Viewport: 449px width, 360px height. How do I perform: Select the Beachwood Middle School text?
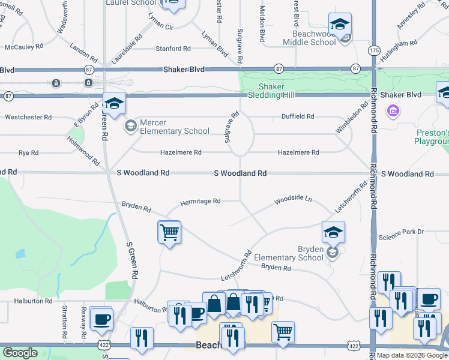(x=314, y=38)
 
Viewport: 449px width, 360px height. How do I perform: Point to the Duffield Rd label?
(x=298, y=116)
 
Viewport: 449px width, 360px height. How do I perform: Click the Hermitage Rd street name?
(x=200, y=202)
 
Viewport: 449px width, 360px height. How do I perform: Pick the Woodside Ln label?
(x=294, y=199)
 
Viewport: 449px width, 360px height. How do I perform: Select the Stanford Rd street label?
(x=173, y=49)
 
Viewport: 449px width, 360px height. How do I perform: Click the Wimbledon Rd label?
(x=352, y=119)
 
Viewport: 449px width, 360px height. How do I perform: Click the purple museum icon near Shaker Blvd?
(x=394, y=110)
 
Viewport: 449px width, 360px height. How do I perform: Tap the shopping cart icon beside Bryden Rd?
(x=169, y=232)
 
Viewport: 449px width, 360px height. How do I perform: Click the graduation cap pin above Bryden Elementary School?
(x=333, y=232)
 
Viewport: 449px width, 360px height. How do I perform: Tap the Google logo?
(x=20, y=353)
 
